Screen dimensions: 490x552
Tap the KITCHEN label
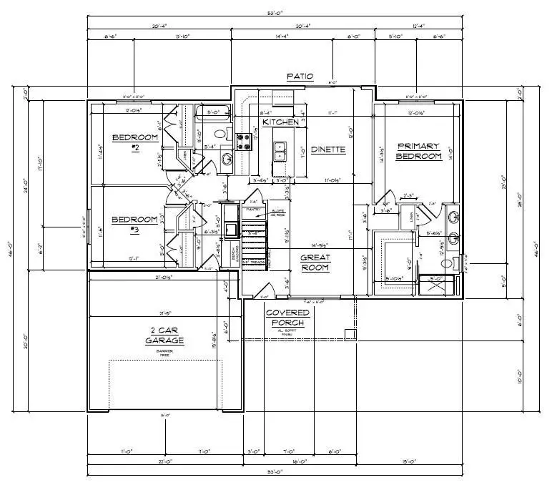coord(280,122)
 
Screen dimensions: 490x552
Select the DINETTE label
coord(329,150)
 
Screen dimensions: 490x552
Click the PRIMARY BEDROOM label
coord(419,150)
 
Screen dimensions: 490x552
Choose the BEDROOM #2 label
coord(134,142)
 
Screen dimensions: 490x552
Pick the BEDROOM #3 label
coord(134,224)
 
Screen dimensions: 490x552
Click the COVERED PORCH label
coord(287,318)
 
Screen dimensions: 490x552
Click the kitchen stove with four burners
coord(252,137)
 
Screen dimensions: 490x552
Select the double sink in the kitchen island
coord(281,152)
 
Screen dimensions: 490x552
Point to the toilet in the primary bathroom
coord(447,263)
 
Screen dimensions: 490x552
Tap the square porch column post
coord(350,333)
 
